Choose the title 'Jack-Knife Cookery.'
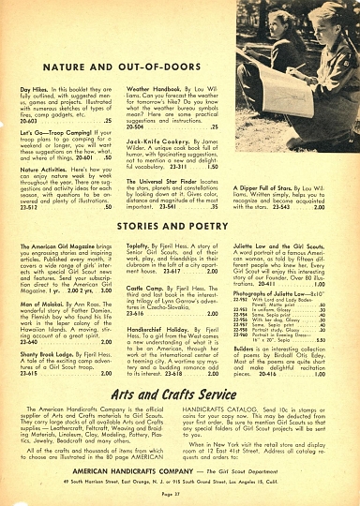[x=154, y=138]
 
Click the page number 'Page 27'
[x=180, y=496]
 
